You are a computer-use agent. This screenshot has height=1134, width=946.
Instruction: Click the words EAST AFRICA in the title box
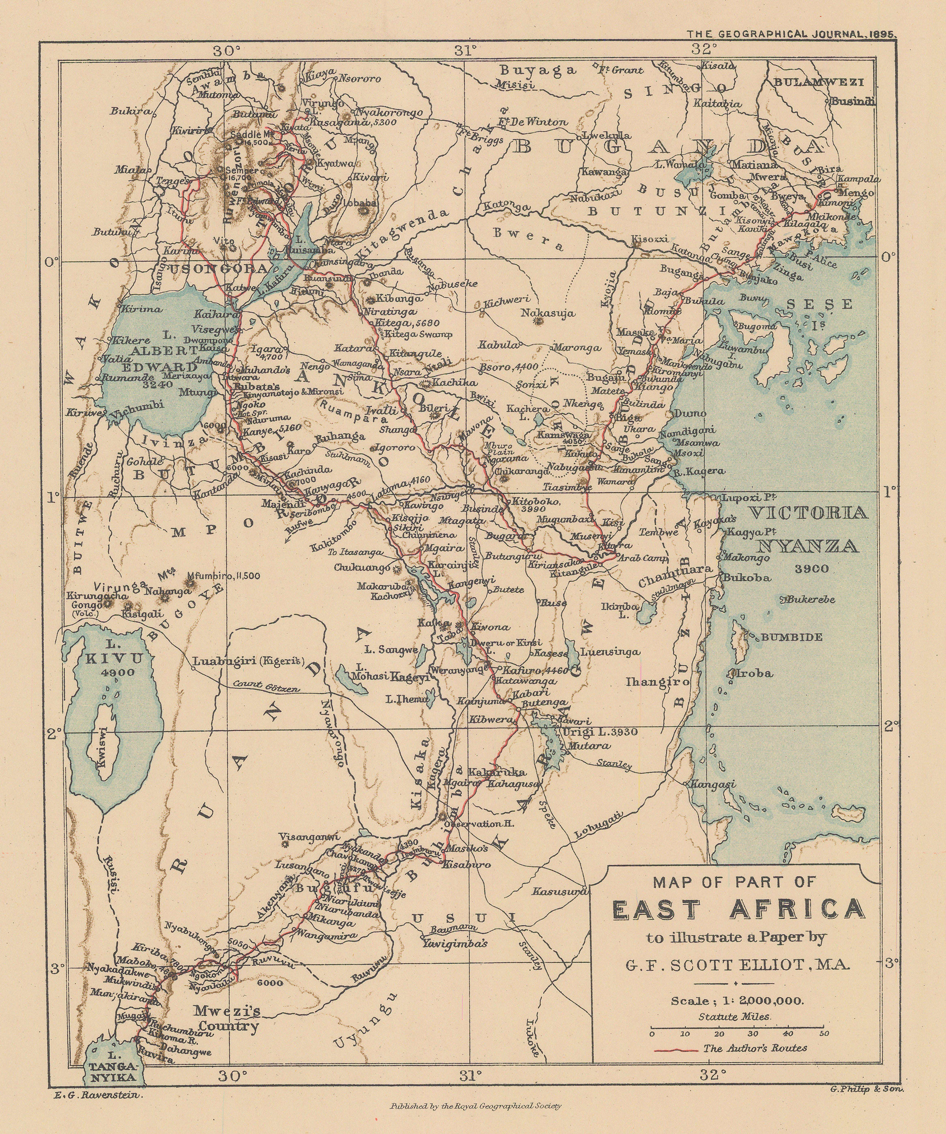[738, 908]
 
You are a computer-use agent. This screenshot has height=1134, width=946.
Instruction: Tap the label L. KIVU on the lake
[114, 652]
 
